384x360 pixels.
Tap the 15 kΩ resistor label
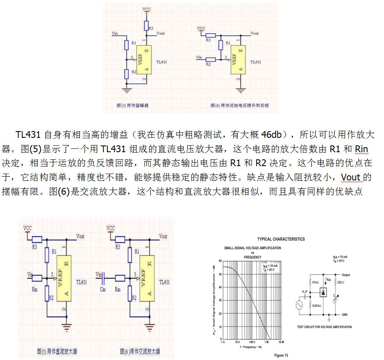tap(315, 282)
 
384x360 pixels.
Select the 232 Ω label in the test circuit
tap(342, 282)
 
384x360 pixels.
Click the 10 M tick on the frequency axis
tap(281, 342)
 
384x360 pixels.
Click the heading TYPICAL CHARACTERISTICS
tap(281, 239)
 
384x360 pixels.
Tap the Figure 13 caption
tap(281, 355)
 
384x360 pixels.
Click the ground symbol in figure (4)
tap(241, 90)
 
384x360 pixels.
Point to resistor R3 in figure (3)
tap(146, 25)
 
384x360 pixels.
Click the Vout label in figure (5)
tap(80, 236)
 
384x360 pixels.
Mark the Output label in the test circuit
tap(346, 275)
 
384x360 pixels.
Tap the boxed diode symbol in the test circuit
tap(324, 292)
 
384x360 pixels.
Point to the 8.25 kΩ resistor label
tap(317, 305)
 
